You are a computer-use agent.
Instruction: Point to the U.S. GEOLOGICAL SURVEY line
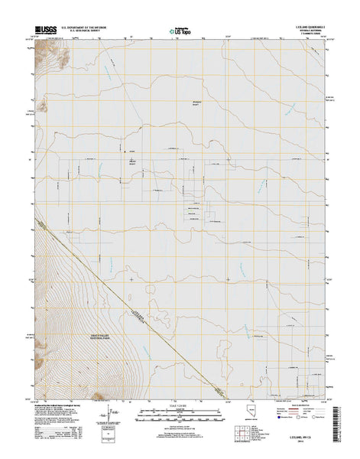point(74,32)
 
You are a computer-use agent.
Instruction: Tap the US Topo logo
point(178,32)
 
